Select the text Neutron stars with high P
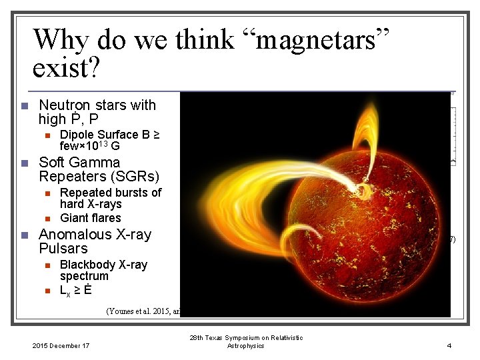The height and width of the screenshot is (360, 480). tap(97, 112)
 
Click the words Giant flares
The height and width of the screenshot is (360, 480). tap(90, 218)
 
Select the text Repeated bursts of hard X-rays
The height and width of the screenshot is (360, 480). tap(110, 198)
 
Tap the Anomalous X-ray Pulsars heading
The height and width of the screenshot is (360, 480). tap(95, 241)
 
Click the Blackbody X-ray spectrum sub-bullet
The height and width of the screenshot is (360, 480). tap(103, 270)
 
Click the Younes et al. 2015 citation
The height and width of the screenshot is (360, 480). tap(143, 310)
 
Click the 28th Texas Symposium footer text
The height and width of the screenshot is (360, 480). tap(246, 341)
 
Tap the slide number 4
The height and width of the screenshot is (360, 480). tap(449, 345)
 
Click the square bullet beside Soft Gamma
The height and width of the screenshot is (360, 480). tap(23, 163)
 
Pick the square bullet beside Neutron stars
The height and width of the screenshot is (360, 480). tap(23, 106)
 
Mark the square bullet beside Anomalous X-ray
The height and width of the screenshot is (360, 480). tap(23, 235)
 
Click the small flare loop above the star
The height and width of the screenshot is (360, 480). tap(366, 133)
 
